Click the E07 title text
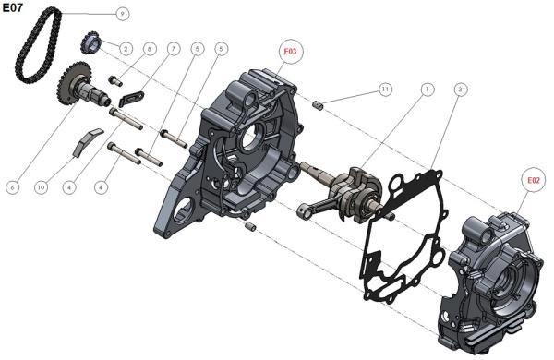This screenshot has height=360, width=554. point(13,7)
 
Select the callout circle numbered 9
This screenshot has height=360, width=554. point(122,14)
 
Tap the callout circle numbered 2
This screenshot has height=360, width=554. point(126,48)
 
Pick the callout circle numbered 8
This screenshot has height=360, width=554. point(150,49)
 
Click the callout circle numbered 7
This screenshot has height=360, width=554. point(174,49)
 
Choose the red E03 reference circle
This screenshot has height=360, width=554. point(290,52)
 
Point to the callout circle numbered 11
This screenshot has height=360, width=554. point(385,90)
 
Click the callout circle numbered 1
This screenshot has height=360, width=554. point(428,90)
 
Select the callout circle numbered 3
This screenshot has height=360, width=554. point(460,90)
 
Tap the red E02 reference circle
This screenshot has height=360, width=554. point(534,180)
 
